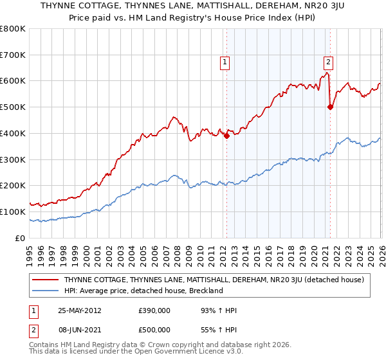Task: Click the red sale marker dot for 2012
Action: tap(226, 136)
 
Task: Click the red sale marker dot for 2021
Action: tap(330, 107)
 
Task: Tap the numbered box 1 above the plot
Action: tap(225, 62)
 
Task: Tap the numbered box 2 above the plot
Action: tap(328, 62)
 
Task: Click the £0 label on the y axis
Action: tap(19, 238)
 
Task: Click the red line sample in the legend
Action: tap(46, 280)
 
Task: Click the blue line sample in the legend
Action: tap(46, 291)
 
